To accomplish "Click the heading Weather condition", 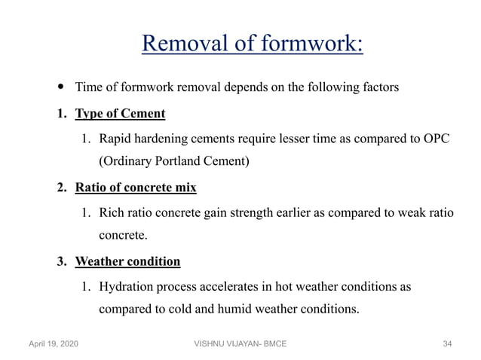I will pos(127,261).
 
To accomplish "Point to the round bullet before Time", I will pos(61,87).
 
